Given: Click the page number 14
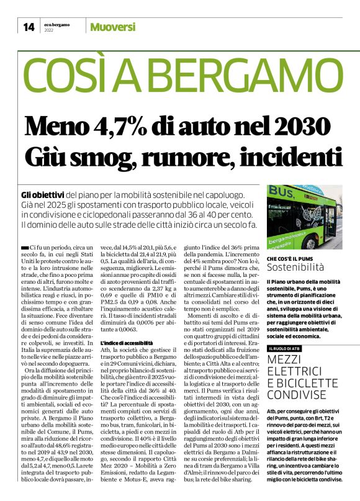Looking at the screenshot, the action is click(29, 27).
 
